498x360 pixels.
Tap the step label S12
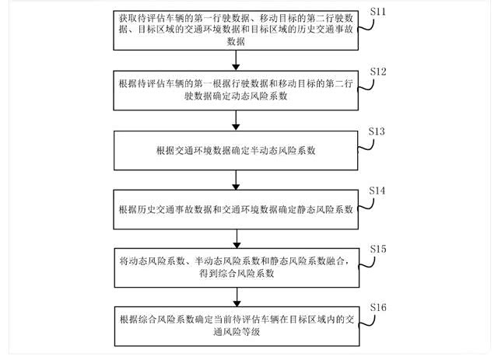click(x=379, y=72)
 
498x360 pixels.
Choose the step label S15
click(x=379, y=248)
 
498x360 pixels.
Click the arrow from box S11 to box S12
click(x=235, y=61)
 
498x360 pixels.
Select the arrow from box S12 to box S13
click(x=235, y=120)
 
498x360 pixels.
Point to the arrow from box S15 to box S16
click(x=235, y=296)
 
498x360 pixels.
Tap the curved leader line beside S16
click(x=366, y=319)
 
